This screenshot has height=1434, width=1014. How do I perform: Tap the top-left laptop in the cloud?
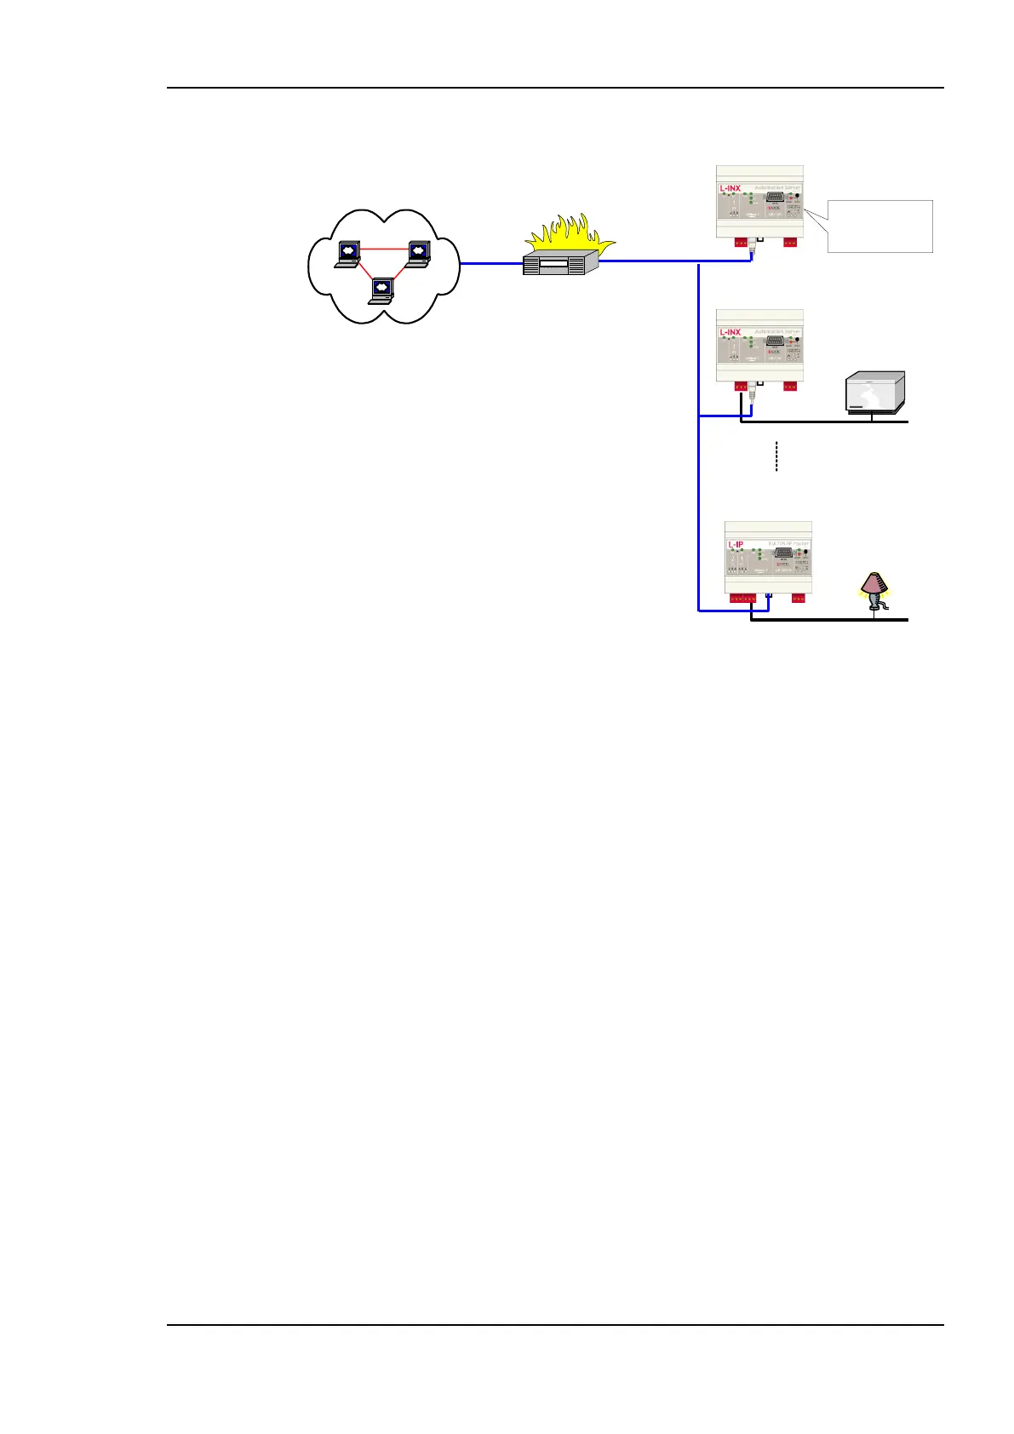pyautogui.click(x=348, y=253)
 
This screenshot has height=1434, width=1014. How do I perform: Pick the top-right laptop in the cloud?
pyautogui.click(x=417, y=253)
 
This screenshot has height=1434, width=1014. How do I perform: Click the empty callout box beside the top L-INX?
pyautogui.click(x=881, y=226)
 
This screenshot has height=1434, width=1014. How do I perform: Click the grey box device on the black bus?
pyautogui.click(x=874, y=393)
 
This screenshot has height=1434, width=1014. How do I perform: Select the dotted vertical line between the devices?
pyautogui.click(x=776, y=456)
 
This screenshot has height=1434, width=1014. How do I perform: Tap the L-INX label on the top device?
pyautogui.click(x=730, y=188)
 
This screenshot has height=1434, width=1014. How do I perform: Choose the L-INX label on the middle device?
pyautogui.click(x=730, y=333)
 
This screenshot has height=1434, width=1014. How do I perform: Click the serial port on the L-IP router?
pyautogui.click(x=784, y=553)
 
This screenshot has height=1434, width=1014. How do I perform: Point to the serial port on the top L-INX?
pyautogui.click(x=775, y=197)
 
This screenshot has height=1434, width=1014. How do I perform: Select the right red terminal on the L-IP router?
pyautogui.click(x=799, y=599)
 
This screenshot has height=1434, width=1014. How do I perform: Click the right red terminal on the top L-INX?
pyautogui.click(x=790, y=243)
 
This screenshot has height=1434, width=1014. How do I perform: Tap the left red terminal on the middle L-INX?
pyautogui.click(x=742, y=387)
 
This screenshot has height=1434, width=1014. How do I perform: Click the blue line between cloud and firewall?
pyautogui.click(x=491, y=263)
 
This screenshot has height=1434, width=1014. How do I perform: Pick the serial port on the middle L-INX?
pyautogui.click(x=775, y=341)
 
